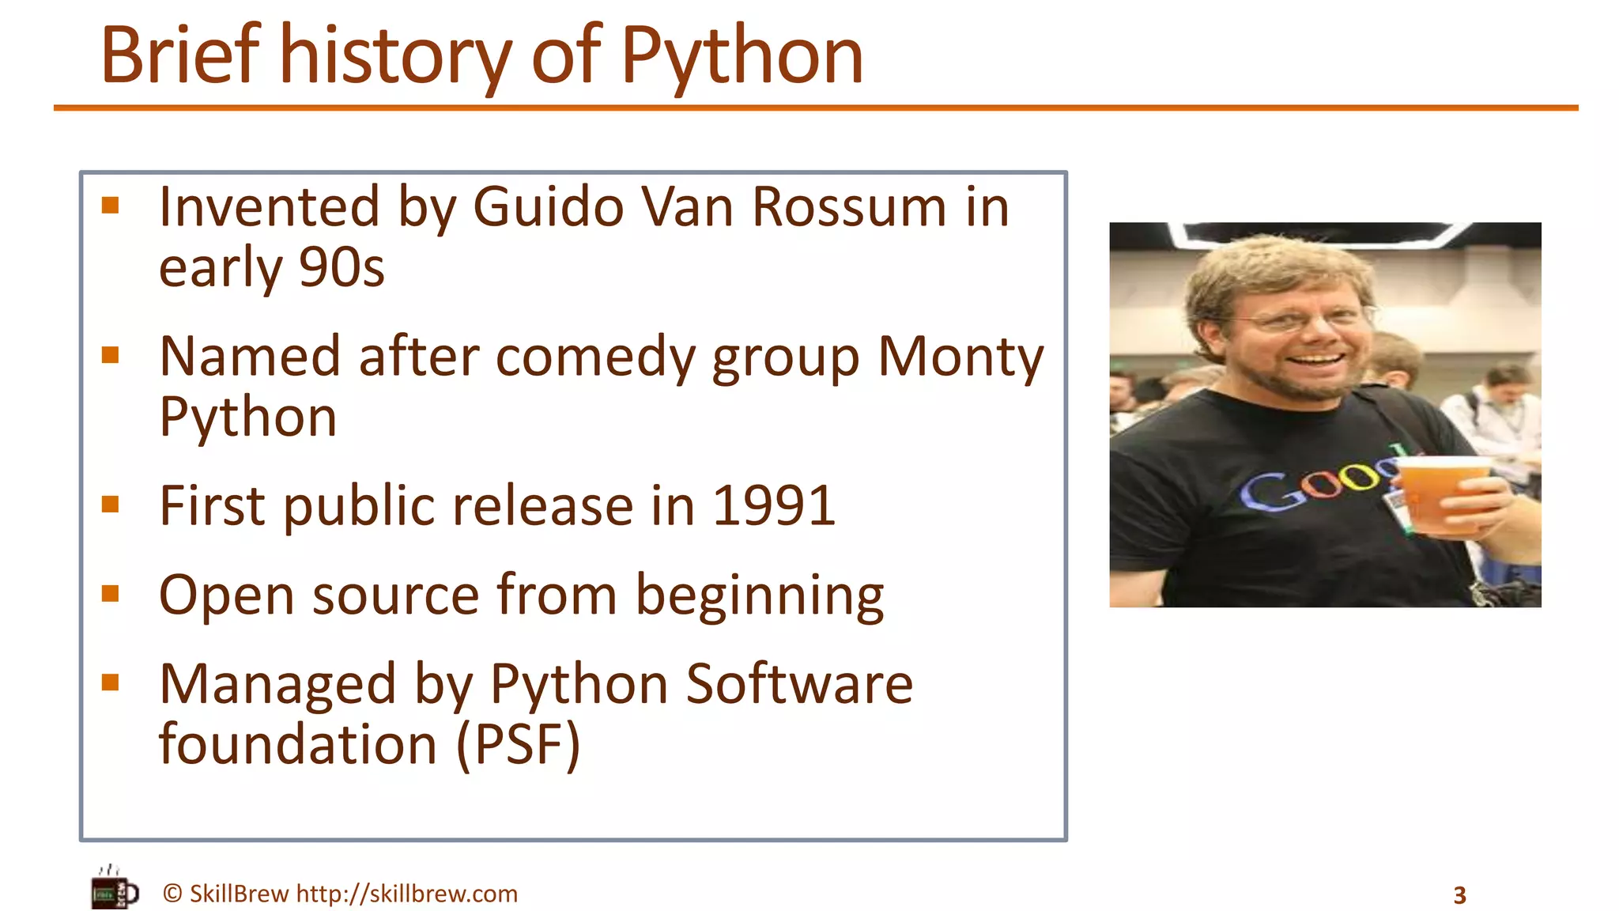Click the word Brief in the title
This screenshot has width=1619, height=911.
(x=180, y=55)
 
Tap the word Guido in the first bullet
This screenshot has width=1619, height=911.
(x=548, y=207)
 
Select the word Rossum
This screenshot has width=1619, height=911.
(x=848, y=207)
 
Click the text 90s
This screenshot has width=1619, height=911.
(x=342, y=267)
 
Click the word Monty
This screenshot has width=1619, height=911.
(x=960, y=357)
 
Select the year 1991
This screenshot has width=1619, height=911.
(x=773, y=506)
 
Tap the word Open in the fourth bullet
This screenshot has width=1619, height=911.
(x=226, y=595)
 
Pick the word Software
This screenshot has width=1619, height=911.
(x=798, y=684)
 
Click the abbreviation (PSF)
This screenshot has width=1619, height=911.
(x=518, y=745)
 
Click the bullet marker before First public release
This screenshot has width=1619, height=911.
(x=111, y=505)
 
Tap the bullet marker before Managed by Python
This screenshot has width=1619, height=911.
(x=111, y=682)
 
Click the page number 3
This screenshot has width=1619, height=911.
(x=1459, y=895)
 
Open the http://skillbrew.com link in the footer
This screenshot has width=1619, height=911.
(x=406, y=894)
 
